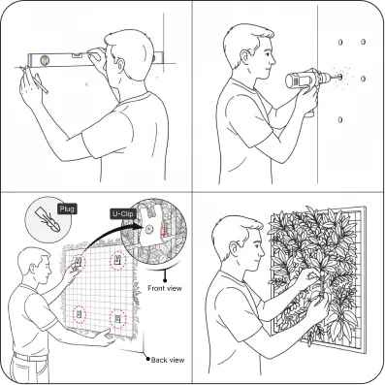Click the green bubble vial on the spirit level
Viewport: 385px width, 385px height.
pos(45,59)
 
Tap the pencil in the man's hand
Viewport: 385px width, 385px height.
pos(35,80)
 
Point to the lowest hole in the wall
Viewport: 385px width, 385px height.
pos(340,120)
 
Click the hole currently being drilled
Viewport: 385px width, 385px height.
pos(340,77)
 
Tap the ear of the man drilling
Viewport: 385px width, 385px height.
pos(245,56)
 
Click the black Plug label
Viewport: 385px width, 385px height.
pos(67,209)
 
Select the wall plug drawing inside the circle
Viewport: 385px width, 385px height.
pos(48,216)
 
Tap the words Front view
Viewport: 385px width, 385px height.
pos(165,288)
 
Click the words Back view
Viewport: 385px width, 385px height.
pos(168,360)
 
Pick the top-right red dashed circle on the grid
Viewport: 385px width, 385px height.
pos(118,260)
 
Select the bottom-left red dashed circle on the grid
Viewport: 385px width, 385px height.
pos(80,314)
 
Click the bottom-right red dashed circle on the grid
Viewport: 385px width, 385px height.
pos(117,318)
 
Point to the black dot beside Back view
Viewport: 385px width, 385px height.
pos(148,359)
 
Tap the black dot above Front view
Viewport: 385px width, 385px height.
pos(165,280)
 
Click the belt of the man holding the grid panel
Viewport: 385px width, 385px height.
pos(31,358)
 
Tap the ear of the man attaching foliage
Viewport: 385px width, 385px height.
pos(234,248)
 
